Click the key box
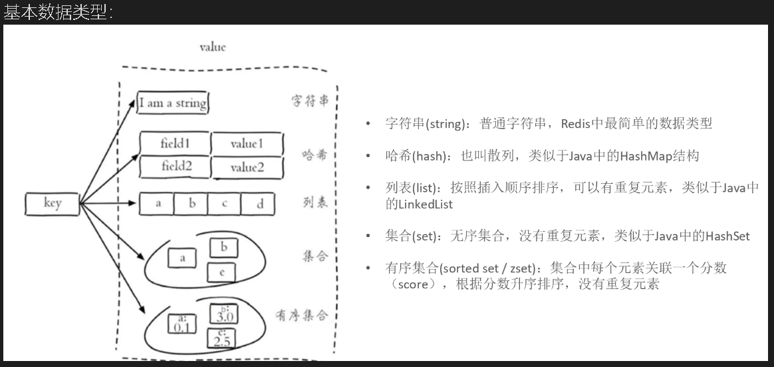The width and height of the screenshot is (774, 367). (x=53, y=204)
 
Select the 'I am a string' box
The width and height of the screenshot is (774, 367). (x=173, y=103)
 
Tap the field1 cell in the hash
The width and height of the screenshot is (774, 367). (x=175, y=143)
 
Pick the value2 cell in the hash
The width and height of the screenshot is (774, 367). (x=247, y=167)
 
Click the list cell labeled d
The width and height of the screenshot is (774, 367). (x=259, y=204)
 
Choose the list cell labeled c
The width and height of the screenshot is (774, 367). (x=225, y=204)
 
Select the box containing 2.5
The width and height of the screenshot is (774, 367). (x=221, y=338)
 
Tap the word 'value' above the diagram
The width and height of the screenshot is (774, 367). (x=212, y=47)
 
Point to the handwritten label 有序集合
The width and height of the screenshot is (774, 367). (x=302, y=315)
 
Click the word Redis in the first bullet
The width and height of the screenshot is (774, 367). (x=576, y=124)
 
